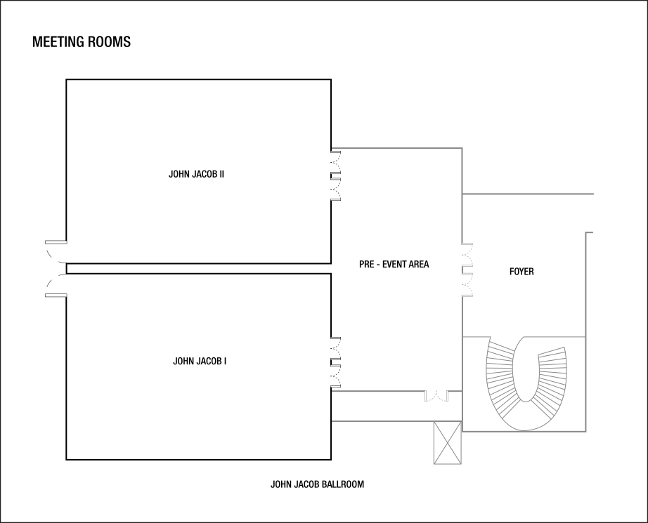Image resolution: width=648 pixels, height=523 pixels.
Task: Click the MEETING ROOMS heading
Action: tap(82, 41)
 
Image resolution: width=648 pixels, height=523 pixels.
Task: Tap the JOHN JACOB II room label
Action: tap(196, 174)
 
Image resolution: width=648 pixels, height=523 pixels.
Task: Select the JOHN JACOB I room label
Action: tap(200, 362)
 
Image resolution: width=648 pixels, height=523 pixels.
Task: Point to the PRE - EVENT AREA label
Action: tap(394, 264)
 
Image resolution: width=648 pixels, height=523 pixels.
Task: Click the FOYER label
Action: tap(521, 272)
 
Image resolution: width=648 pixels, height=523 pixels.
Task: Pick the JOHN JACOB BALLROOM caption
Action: tap(318, 484)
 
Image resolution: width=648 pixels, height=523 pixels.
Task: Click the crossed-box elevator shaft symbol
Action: tap(448, 442)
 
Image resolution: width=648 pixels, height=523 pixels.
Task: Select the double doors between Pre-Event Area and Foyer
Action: tap(467, 270)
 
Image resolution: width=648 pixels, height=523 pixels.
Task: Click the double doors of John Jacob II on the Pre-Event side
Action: tap(335, 176)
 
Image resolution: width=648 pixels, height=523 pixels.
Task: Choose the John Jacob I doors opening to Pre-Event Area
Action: tap(335, 362)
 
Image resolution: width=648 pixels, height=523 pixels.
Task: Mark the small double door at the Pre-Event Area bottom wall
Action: tap(436, 396)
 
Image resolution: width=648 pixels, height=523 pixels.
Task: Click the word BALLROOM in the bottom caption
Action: tap(344, 484)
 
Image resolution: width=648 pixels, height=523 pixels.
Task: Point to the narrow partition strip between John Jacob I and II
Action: tap(198, 268)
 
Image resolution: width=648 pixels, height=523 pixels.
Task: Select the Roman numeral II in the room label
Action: tap(221, 174)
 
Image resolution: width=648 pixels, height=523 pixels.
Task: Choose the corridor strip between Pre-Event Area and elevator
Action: tap(396, 406)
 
